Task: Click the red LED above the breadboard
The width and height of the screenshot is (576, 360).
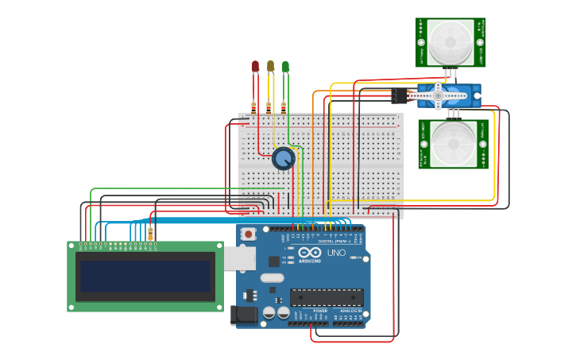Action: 255,67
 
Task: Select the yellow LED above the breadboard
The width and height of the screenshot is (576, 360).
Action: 270,66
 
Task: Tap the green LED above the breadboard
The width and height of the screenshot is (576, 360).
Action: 285,67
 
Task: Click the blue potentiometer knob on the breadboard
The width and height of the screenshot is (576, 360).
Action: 283,159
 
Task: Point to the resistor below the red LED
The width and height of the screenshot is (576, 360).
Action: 254,107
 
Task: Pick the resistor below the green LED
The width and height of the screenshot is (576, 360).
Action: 284,107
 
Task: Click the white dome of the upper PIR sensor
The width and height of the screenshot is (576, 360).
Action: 450,41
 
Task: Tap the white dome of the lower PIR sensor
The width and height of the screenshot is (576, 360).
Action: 454,144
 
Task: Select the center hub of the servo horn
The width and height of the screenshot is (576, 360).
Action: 437,96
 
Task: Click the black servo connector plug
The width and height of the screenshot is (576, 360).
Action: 399,95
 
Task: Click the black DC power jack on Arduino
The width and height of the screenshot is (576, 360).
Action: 244,315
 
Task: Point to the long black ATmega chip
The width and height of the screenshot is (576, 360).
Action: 327,297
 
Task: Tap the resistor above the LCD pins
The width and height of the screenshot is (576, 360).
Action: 150,233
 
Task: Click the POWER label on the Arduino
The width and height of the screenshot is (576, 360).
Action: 309,311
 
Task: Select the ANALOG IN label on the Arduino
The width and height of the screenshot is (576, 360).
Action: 350,311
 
